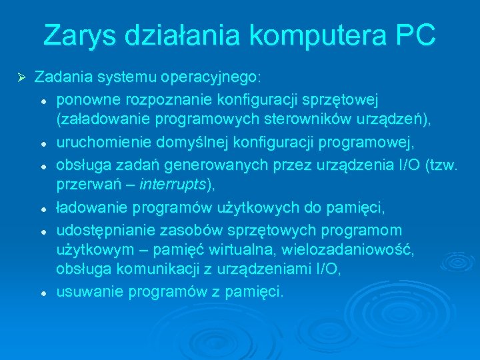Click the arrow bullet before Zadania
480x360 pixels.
pos(21,77)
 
